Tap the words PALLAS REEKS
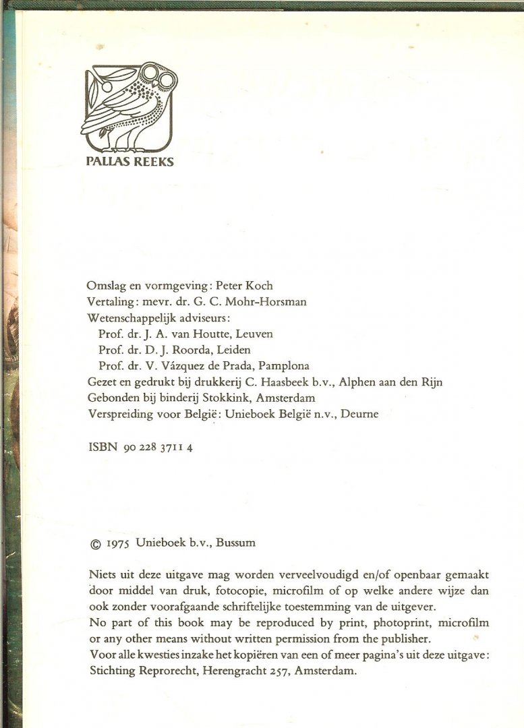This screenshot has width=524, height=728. pos(130,162)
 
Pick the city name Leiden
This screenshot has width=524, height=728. pos(233,350)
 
